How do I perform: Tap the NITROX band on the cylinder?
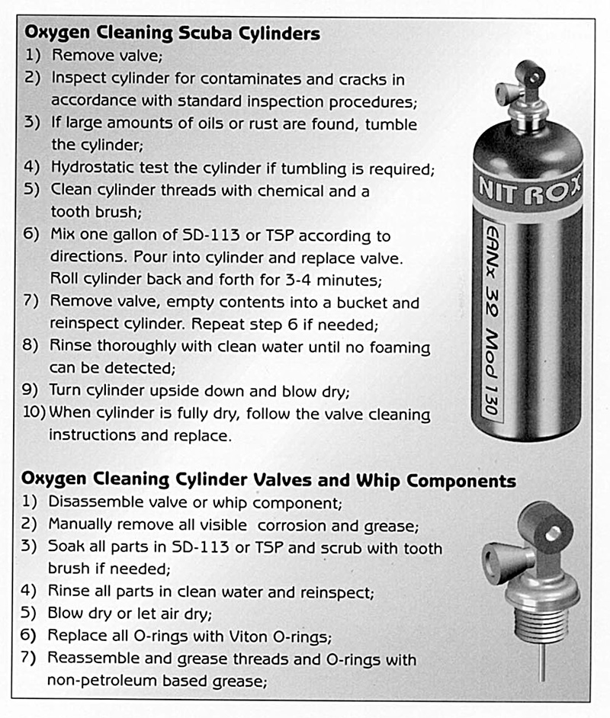pyautogui.click(x=529, y=190)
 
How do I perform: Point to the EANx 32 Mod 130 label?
pyautogui.click(x=493, y=321)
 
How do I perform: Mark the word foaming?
pyautogui.click(x=400, y=348)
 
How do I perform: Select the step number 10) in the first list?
pyautogui.click(x=34, y=412)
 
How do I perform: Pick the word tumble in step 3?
pyautogui.click(x=391, y=124)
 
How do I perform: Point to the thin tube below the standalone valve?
pyautogui.click(x=543, y=662)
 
